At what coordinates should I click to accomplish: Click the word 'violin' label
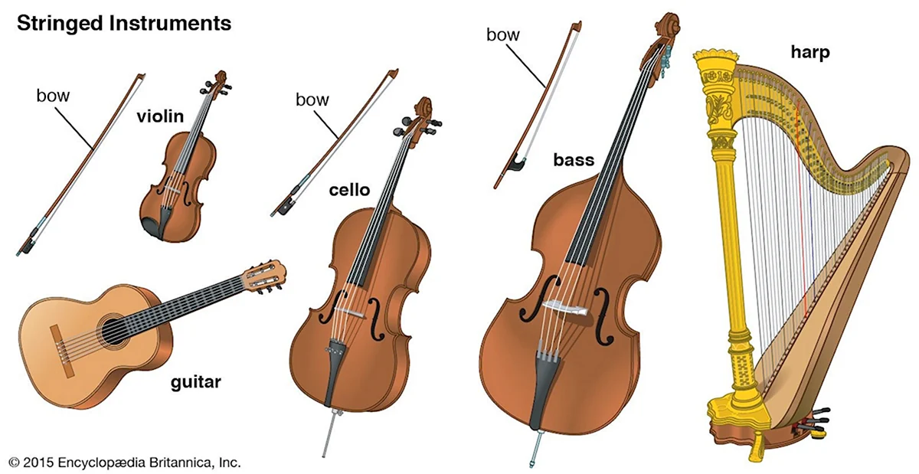point(160,116)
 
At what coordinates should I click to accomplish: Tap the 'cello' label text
point(349,190)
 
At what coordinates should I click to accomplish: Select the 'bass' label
point(574,160)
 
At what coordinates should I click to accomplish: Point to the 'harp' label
point(810,53)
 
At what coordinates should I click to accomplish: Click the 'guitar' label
point(196,382)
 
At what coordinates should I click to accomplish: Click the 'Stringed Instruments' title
point(124,24)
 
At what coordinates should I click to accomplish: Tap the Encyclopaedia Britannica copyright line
point(125,463)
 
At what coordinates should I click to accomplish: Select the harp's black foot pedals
point(813,420)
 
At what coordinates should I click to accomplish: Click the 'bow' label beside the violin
point(53,96)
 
